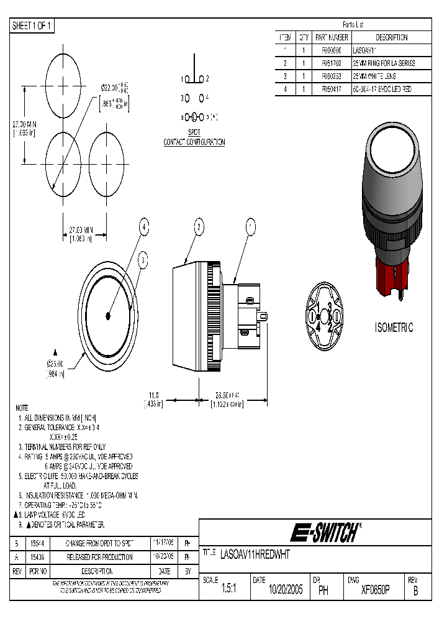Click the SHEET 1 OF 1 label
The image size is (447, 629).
tap(33, 25)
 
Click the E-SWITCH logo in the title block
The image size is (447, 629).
tap(327, 533)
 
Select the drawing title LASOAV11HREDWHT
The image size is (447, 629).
tap(255, 553)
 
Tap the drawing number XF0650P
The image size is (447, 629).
tap(375, 590)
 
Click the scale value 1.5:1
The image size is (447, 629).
tap(226, 590)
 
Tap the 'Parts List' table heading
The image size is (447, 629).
tap(353, 25)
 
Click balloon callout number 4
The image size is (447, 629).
tap(144, 228)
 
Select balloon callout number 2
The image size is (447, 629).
tap(199, 228)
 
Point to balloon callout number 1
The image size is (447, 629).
tap(251, 228)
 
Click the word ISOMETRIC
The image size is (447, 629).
tap(394, 328)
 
